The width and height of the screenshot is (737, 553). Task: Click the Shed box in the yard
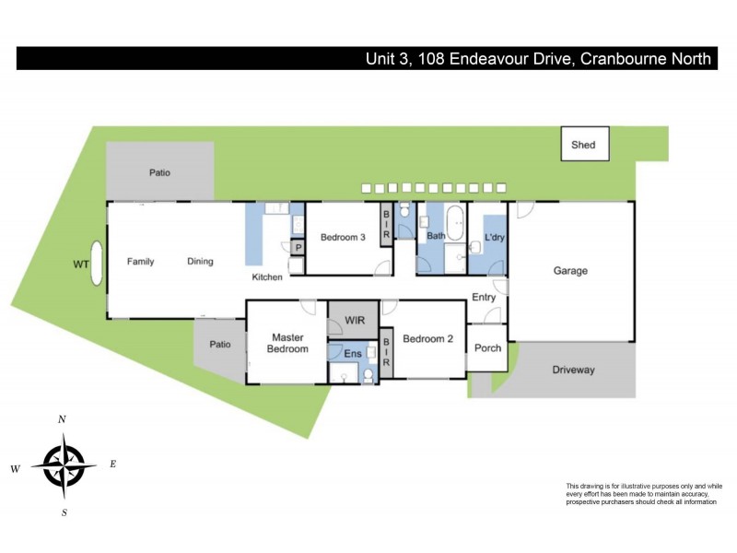point(583,145)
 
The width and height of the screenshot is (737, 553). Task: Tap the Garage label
point(570,271)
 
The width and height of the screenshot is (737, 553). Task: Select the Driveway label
point(573,370)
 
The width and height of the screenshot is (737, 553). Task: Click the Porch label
point(487,348)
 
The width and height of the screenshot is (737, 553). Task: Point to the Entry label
point(484,298)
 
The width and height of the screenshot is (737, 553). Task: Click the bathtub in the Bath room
point(456,222)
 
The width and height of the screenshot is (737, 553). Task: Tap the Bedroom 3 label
point(343,238)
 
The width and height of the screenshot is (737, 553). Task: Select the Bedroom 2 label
point(427,337)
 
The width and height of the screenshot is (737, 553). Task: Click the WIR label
point(356,320)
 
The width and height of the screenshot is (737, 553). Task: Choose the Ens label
point(353,353)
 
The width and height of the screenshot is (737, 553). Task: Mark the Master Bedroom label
point(287,343)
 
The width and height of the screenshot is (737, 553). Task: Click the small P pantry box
point(298,248)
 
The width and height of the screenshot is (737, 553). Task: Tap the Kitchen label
point(268,277)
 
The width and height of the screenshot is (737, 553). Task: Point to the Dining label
point(200,262)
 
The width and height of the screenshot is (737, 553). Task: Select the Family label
point(140,262)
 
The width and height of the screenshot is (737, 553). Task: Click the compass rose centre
point(63,465)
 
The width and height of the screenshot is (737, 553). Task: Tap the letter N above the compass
point(62,419)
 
